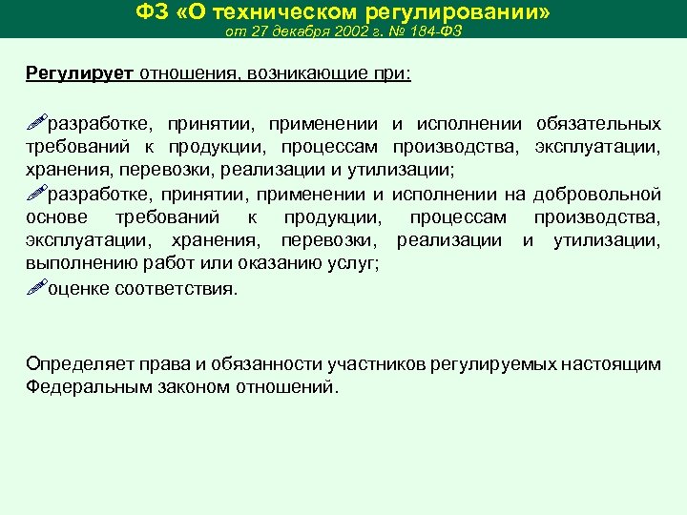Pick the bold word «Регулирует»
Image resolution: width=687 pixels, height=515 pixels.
[x=82, y=74]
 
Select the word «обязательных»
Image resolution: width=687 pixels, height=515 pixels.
[x=598, y=125]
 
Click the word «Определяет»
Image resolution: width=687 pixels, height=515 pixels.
[x=73, y=363]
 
